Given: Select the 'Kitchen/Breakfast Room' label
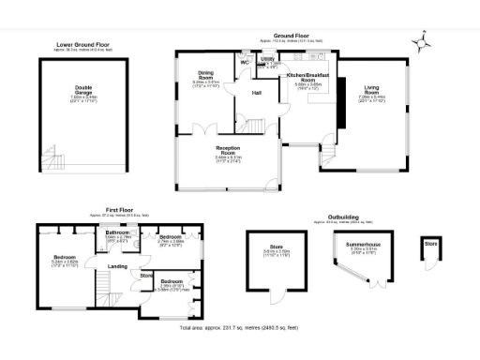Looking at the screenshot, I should tap(309, 75).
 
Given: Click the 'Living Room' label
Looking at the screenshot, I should tap(371, 92).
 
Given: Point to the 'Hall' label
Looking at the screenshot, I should tap(257, 94).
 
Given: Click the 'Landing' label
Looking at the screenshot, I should tap(117, 267).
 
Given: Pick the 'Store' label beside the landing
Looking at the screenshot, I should tap(145, 276).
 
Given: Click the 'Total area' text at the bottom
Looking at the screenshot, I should tap(239, 328).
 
